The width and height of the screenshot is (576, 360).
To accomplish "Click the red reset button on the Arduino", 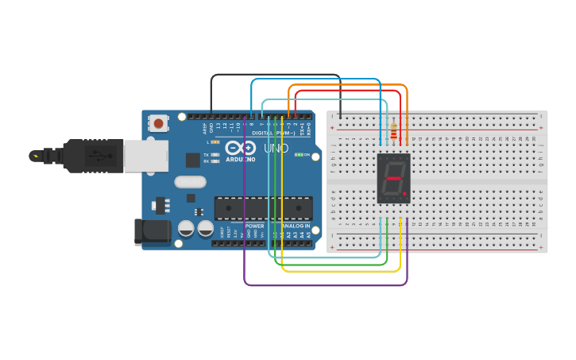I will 159,123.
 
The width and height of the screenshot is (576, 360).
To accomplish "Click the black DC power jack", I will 153,230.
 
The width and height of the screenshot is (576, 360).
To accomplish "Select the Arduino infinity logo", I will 239,149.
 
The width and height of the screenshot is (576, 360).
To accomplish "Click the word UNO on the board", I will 275,149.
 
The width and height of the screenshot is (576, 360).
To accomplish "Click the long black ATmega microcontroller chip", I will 257,207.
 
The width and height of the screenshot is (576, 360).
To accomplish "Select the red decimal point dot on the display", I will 404,193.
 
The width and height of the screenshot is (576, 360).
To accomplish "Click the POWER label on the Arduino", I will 255,226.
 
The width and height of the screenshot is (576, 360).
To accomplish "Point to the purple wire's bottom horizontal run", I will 326,285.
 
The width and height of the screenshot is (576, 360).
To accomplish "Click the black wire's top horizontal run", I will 275,75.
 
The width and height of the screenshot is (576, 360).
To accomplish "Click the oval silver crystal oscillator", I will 191,181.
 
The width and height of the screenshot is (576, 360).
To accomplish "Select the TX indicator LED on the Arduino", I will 215,154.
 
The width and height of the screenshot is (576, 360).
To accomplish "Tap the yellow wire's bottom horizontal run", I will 342,271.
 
